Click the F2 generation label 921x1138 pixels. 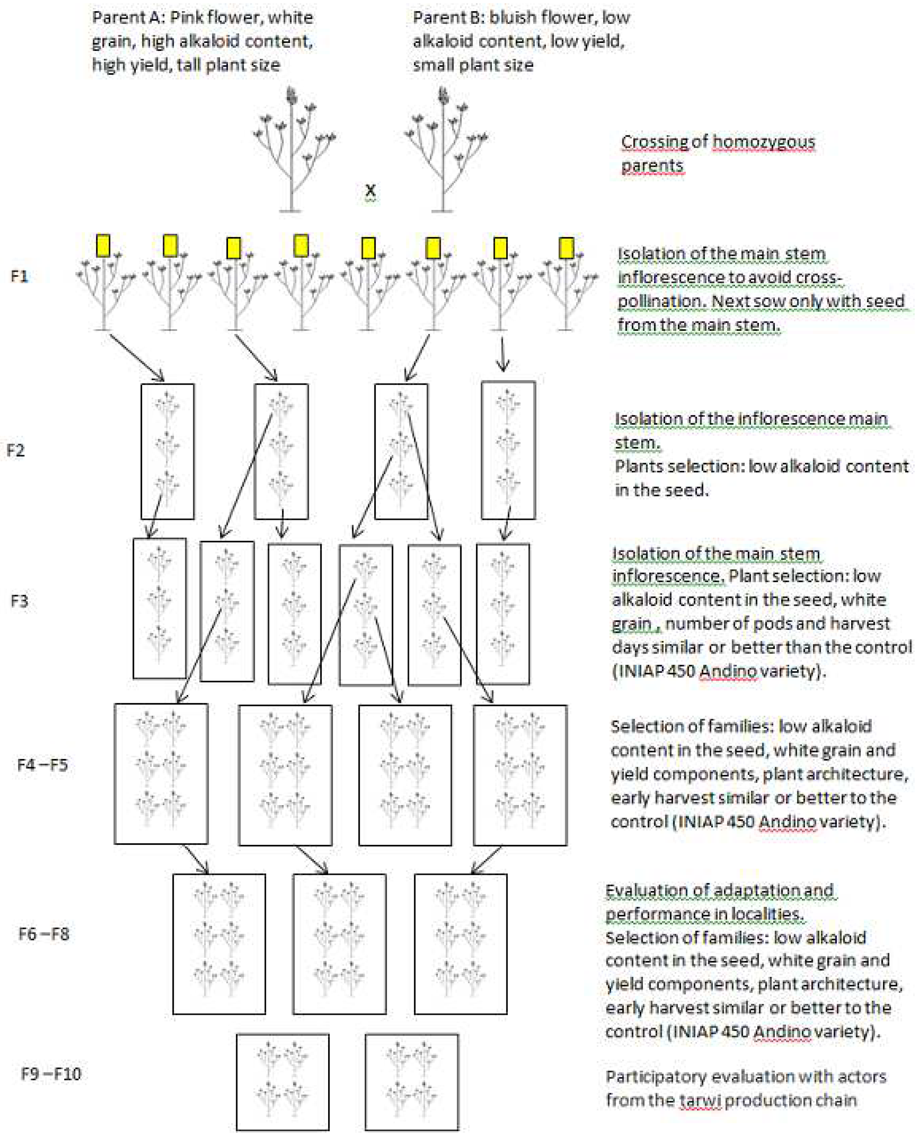[x=16, y=450]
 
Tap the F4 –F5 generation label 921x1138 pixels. [x=43, y=765]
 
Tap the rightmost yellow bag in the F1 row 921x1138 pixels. [x=567, y=248]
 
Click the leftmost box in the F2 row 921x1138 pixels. [x=168, y=451]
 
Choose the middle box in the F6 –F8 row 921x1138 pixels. [x=339, y=944]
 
